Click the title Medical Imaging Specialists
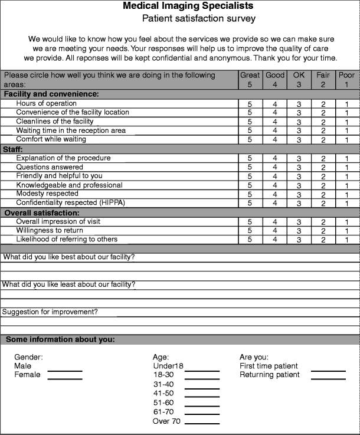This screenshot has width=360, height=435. tap(188, 6)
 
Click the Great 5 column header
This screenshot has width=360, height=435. tap(250, 80)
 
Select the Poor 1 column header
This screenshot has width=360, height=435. tap(347, 80)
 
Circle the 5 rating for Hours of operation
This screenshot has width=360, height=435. tap(250, 103)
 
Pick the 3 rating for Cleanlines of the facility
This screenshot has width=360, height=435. tap(299, 122)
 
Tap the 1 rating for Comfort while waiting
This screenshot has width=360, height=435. tap(347, 140)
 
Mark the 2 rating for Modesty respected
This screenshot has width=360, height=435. tap(323, 194)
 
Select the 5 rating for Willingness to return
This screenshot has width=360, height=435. tap(250, 230)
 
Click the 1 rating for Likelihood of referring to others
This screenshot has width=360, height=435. tap(347, 240)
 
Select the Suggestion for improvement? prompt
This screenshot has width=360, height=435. tap(50, 312)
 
